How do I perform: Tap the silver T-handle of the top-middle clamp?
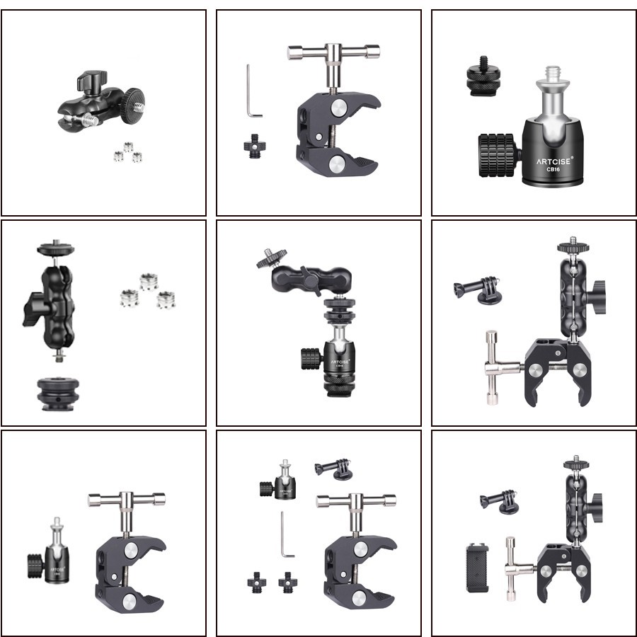(332, 53)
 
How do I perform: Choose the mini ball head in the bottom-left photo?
(52, 551)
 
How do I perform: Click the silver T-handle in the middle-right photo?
(498, 367)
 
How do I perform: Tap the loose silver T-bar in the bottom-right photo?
(513, 566)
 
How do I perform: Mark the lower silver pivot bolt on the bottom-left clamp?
(130, 602)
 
